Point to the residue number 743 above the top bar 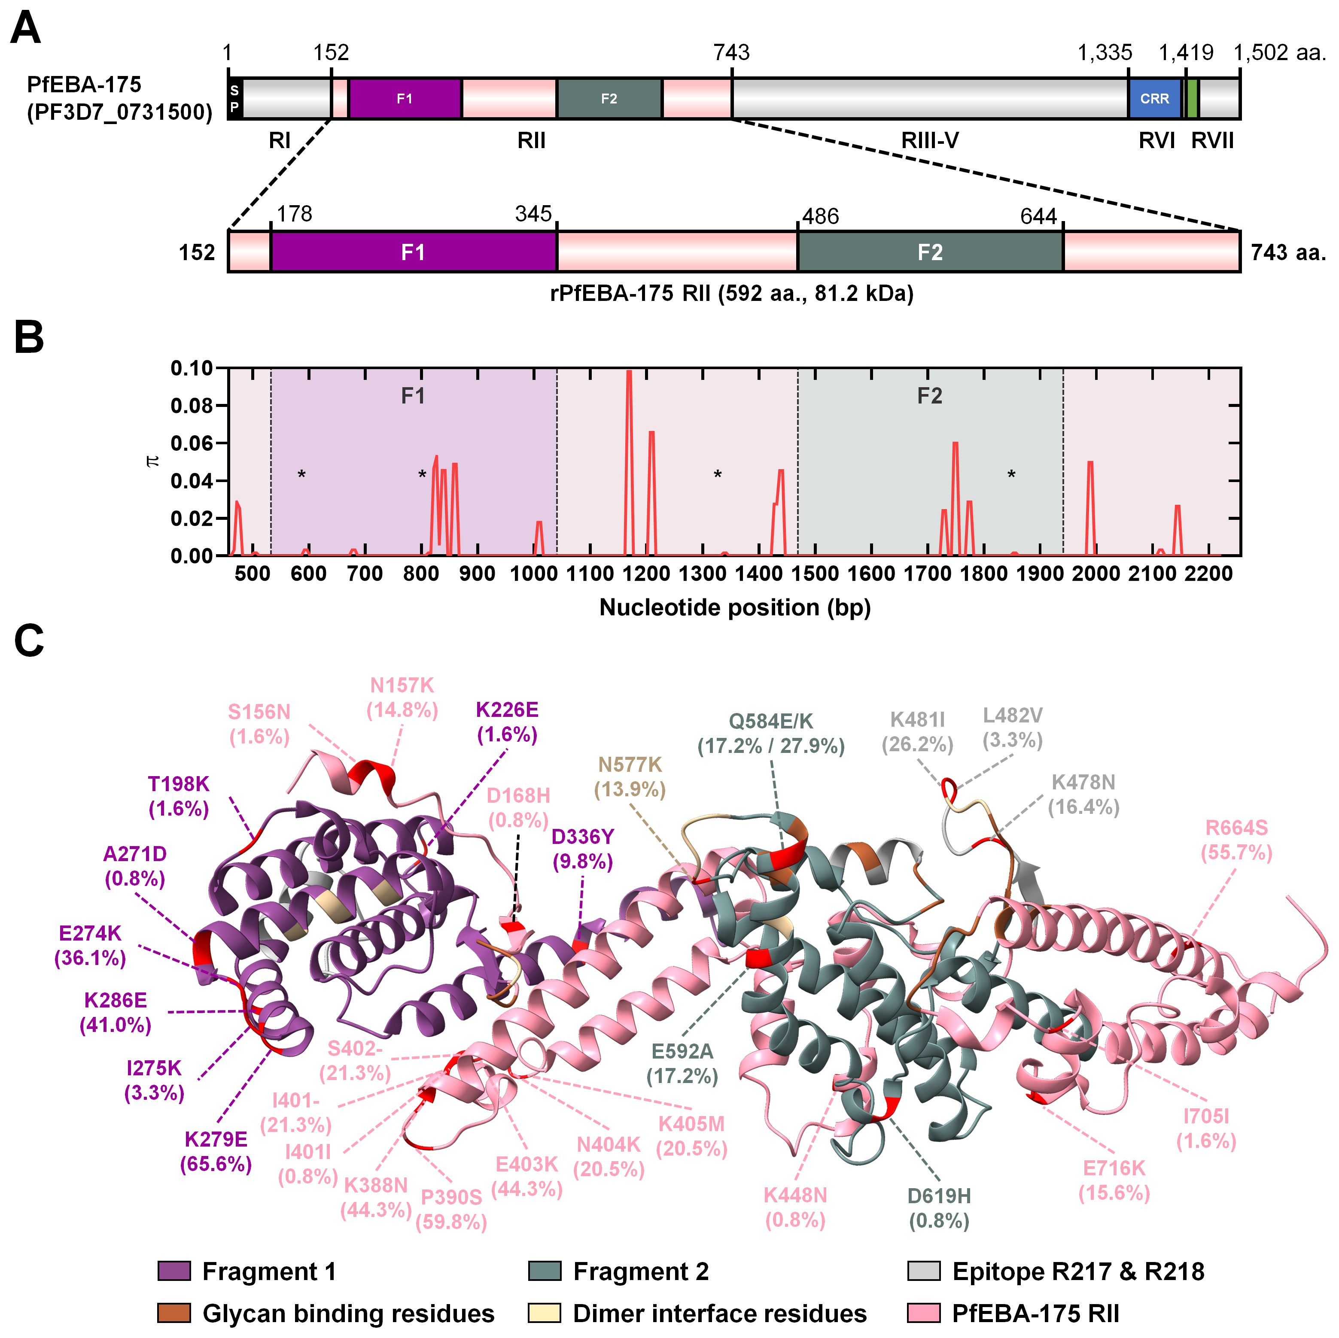click(731, 53)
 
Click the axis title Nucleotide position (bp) click(735, 608)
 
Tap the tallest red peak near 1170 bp click(629, 374)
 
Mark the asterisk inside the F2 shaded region click(1011, 475)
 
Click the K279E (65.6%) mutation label click(216, 1152)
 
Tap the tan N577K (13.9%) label click(630, 777)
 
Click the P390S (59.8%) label click(451, 1209)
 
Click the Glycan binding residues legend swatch click(174, 1313)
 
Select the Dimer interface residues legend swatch click(544, 1313)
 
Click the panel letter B click(29, 339)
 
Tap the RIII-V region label click(929, 141)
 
